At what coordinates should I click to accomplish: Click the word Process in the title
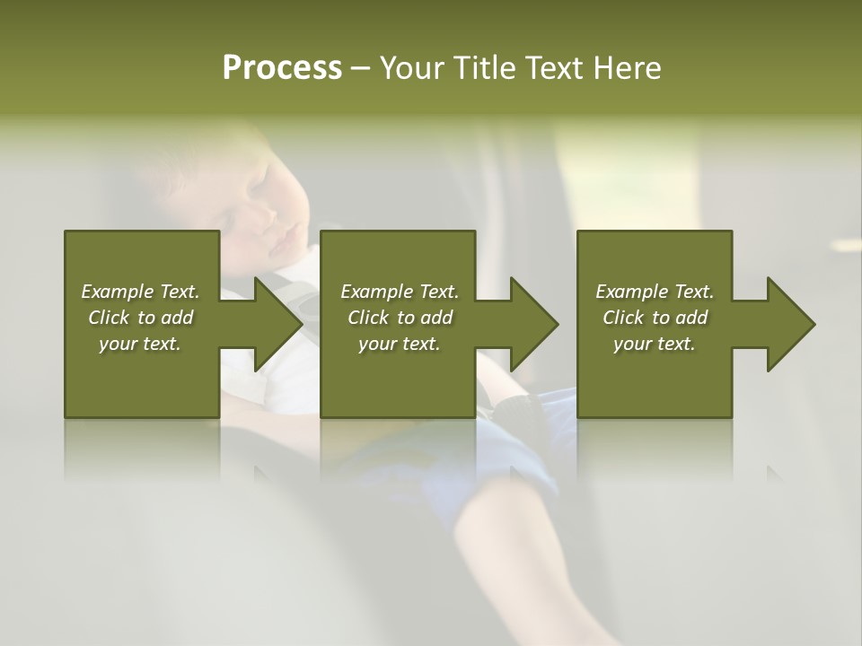282,68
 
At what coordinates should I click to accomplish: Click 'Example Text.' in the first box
140,292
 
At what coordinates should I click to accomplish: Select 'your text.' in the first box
140,344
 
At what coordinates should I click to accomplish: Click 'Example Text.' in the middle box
400,292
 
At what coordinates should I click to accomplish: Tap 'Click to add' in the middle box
400,318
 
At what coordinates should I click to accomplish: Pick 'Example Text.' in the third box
655,292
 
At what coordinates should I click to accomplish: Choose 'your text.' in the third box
655,344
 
